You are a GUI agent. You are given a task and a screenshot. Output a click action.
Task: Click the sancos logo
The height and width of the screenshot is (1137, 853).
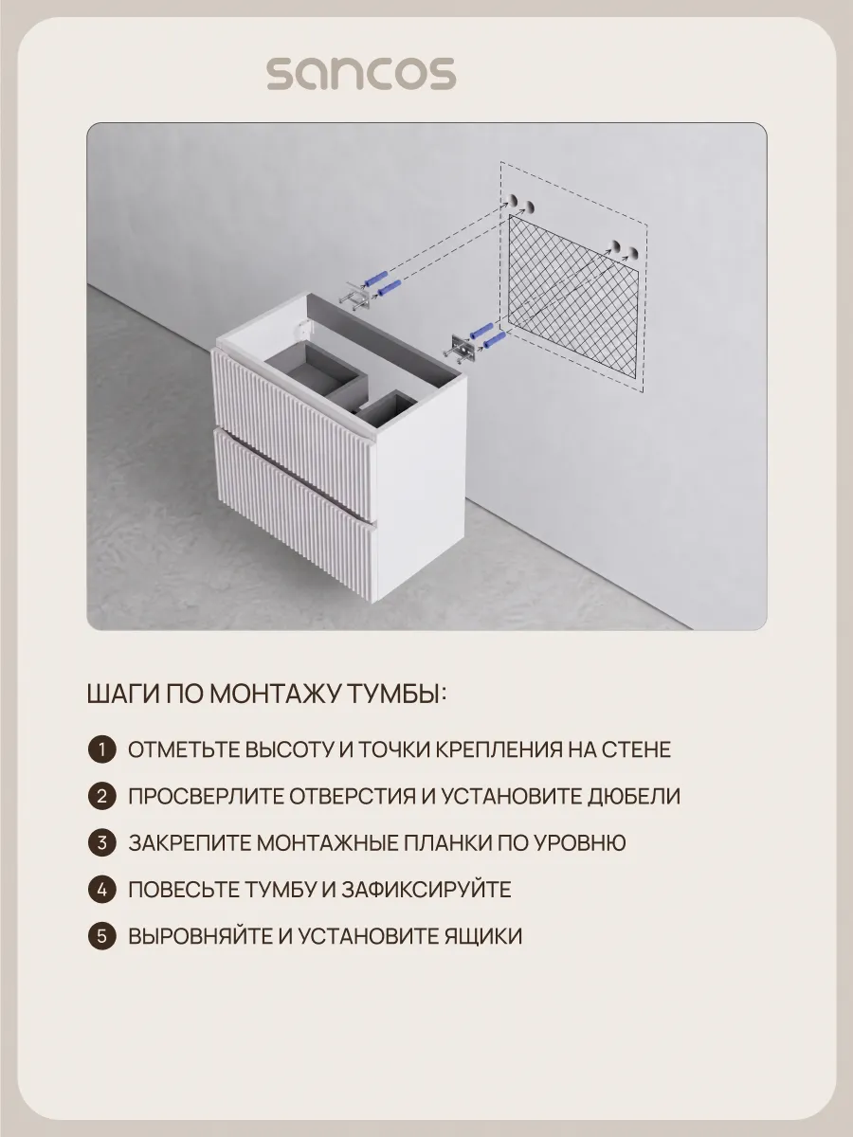(x=361, y=74)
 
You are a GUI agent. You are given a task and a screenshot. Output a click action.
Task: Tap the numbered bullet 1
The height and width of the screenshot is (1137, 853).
(x=102, y=749)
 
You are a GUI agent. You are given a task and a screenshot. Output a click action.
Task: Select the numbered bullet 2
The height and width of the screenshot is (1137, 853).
(x=102, y=796)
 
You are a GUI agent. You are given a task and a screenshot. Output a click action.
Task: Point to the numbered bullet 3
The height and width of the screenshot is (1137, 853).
(x=102, y=842)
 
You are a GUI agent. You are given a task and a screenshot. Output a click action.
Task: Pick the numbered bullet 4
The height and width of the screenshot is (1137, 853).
(x=102, y=890)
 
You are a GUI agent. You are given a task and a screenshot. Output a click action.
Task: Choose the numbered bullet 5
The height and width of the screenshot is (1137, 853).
(x=102, y=936)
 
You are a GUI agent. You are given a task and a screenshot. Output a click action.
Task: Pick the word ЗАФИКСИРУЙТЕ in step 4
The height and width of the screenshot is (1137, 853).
(x=426, y=890)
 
